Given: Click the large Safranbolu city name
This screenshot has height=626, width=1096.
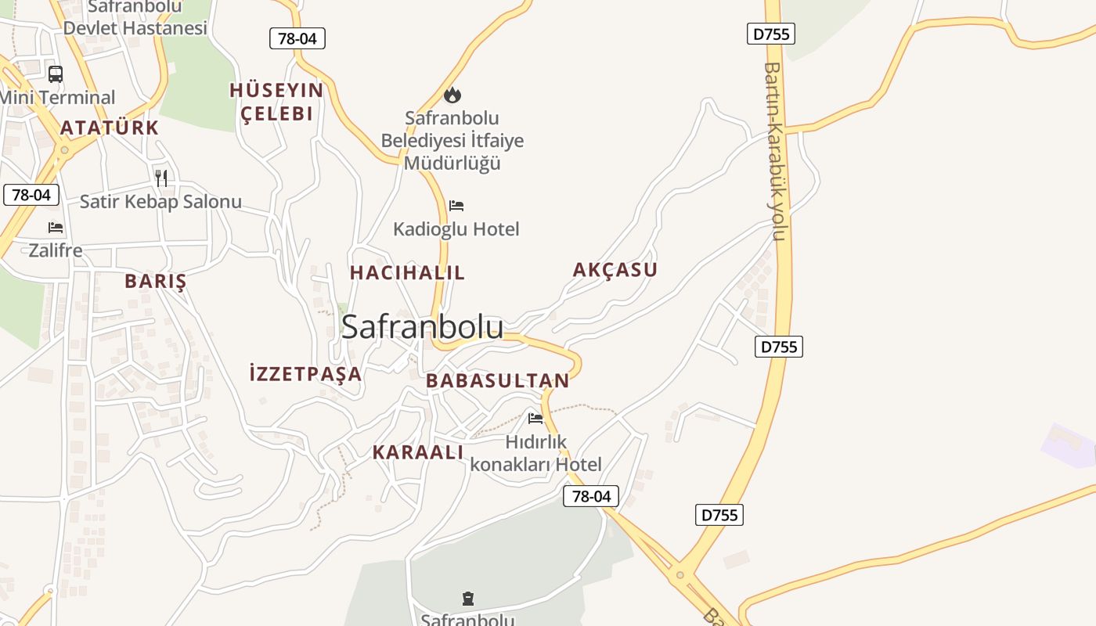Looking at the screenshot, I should click(422, 327).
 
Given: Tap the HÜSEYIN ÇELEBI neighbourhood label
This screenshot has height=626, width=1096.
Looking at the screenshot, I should click(276, 102).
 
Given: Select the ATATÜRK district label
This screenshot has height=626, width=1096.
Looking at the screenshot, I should click(110, 128).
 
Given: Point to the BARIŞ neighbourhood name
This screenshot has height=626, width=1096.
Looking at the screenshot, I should click(156, 281).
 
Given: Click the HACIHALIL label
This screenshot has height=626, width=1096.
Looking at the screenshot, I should click(407, 272).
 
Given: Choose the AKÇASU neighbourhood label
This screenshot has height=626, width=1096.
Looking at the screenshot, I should click(615, 270).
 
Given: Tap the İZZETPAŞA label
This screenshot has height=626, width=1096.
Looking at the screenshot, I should click(305, 373).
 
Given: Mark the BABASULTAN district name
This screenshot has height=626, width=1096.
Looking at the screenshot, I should click(498, 381).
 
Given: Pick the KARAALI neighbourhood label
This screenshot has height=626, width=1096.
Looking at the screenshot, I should click(418, 452).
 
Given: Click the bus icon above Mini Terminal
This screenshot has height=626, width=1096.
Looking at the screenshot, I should click(56, 74).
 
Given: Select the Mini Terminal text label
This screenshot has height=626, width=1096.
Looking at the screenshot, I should click(58, 98).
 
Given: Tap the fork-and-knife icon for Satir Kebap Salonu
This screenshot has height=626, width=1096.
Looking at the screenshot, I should click(161, 178).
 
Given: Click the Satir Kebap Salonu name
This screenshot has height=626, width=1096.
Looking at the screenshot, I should click(160, 202).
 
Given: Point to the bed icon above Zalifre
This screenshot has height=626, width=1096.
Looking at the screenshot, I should click(56, 228).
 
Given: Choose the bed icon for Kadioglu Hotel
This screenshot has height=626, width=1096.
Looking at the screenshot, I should click(456, 206).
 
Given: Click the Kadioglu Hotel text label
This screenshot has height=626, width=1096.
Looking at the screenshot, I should click(456, 229).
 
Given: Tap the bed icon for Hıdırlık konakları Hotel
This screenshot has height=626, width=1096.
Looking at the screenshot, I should click(535, 418).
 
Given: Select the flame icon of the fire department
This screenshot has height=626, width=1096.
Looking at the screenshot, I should click(452, 95).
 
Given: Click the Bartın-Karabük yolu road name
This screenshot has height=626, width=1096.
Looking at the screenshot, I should click(774, 151).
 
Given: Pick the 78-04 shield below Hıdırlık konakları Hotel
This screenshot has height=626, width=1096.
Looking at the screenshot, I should click(591, 496).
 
